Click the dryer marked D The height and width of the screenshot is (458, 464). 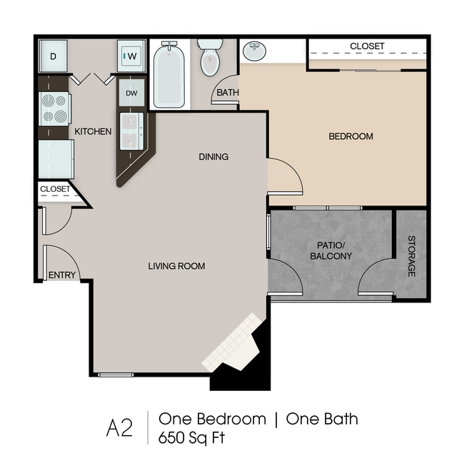coord(54,56)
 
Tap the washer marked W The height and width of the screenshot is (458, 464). coord(131,56)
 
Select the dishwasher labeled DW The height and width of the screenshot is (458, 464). coord(131,93)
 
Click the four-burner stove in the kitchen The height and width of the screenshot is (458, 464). coord(55,109)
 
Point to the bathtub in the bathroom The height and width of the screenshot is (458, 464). coord(169,75)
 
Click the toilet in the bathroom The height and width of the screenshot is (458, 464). coord(210,58)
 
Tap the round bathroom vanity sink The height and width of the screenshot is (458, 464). coord(254,51)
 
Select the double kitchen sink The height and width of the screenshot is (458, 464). coord(131,131)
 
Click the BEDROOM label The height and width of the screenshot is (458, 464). coord(350,136)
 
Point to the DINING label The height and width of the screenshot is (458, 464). coord(213,157)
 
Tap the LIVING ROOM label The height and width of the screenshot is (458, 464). coord(176,266)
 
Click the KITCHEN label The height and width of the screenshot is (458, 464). coord(93,131)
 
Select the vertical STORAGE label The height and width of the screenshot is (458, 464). coord(412,256)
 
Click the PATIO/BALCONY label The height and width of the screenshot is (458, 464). coord(331,250)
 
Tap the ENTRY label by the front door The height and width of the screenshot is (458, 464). coord(62,275)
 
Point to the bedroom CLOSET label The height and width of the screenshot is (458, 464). coord(367,46)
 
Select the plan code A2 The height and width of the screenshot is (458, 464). coord(119,428)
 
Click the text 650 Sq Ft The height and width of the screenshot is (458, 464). coord(191,437)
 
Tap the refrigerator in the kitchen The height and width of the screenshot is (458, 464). coord(56,159)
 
